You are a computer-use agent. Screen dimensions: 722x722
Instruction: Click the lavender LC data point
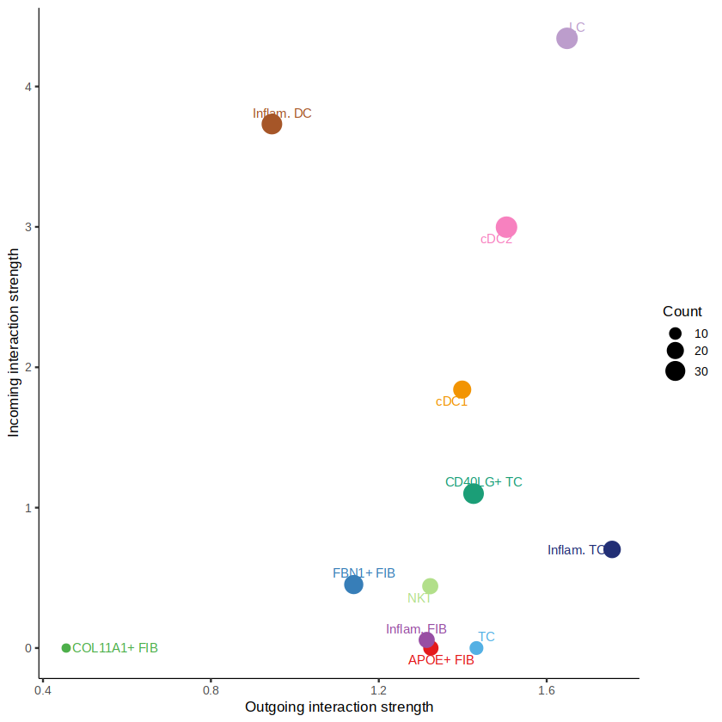coord(567,38)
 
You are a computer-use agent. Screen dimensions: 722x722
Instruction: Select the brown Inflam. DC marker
coord(272,124)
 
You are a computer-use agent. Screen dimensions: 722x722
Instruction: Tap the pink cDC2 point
coord(506,228)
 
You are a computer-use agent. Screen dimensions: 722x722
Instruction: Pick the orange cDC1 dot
coord(462,389)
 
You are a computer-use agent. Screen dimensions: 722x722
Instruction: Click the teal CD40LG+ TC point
coord(474,493)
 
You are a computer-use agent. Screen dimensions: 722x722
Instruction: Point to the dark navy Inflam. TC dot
coord(612,549)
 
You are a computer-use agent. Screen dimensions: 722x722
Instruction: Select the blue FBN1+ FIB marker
coord(353,584)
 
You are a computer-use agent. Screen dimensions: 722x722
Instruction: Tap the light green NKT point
coord(431,586)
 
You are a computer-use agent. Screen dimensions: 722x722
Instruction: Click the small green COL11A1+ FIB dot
coord(66,648)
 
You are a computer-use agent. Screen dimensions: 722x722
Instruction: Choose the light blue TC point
coord(476,648)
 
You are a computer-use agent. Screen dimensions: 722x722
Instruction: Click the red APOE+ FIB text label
coord(441,661)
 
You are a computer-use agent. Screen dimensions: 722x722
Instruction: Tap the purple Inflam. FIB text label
coord(416,629)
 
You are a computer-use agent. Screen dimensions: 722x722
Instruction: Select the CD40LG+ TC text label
coord(484,482)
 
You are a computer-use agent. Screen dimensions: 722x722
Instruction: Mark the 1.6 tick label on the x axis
coord(546,689)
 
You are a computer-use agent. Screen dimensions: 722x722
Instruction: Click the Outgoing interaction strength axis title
coord(339,707)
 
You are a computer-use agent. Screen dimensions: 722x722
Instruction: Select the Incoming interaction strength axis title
coord(14,343)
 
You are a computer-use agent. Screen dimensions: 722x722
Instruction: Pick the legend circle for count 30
coord(675,371)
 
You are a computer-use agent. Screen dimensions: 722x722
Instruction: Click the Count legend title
coord(682,312)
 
